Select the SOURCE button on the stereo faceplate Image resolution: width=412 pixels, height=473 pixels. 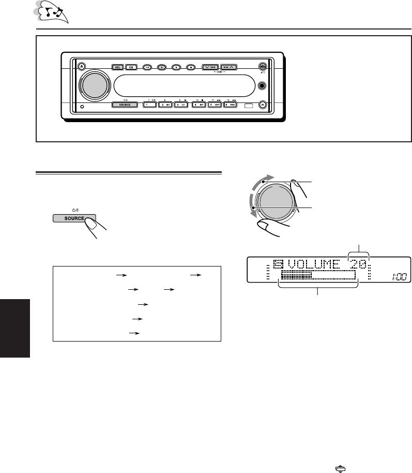124,104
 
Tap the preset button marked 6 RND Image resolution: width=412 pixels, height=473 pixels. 230,104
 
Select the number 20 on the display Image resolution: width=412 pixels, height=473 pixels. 358,267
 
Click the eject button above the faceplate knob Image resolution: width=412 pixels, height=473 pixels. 83,67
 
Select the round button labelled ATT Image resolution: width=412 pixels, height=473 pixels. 263,67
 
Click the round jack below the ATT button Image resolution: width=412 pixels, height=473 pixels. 263,85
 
